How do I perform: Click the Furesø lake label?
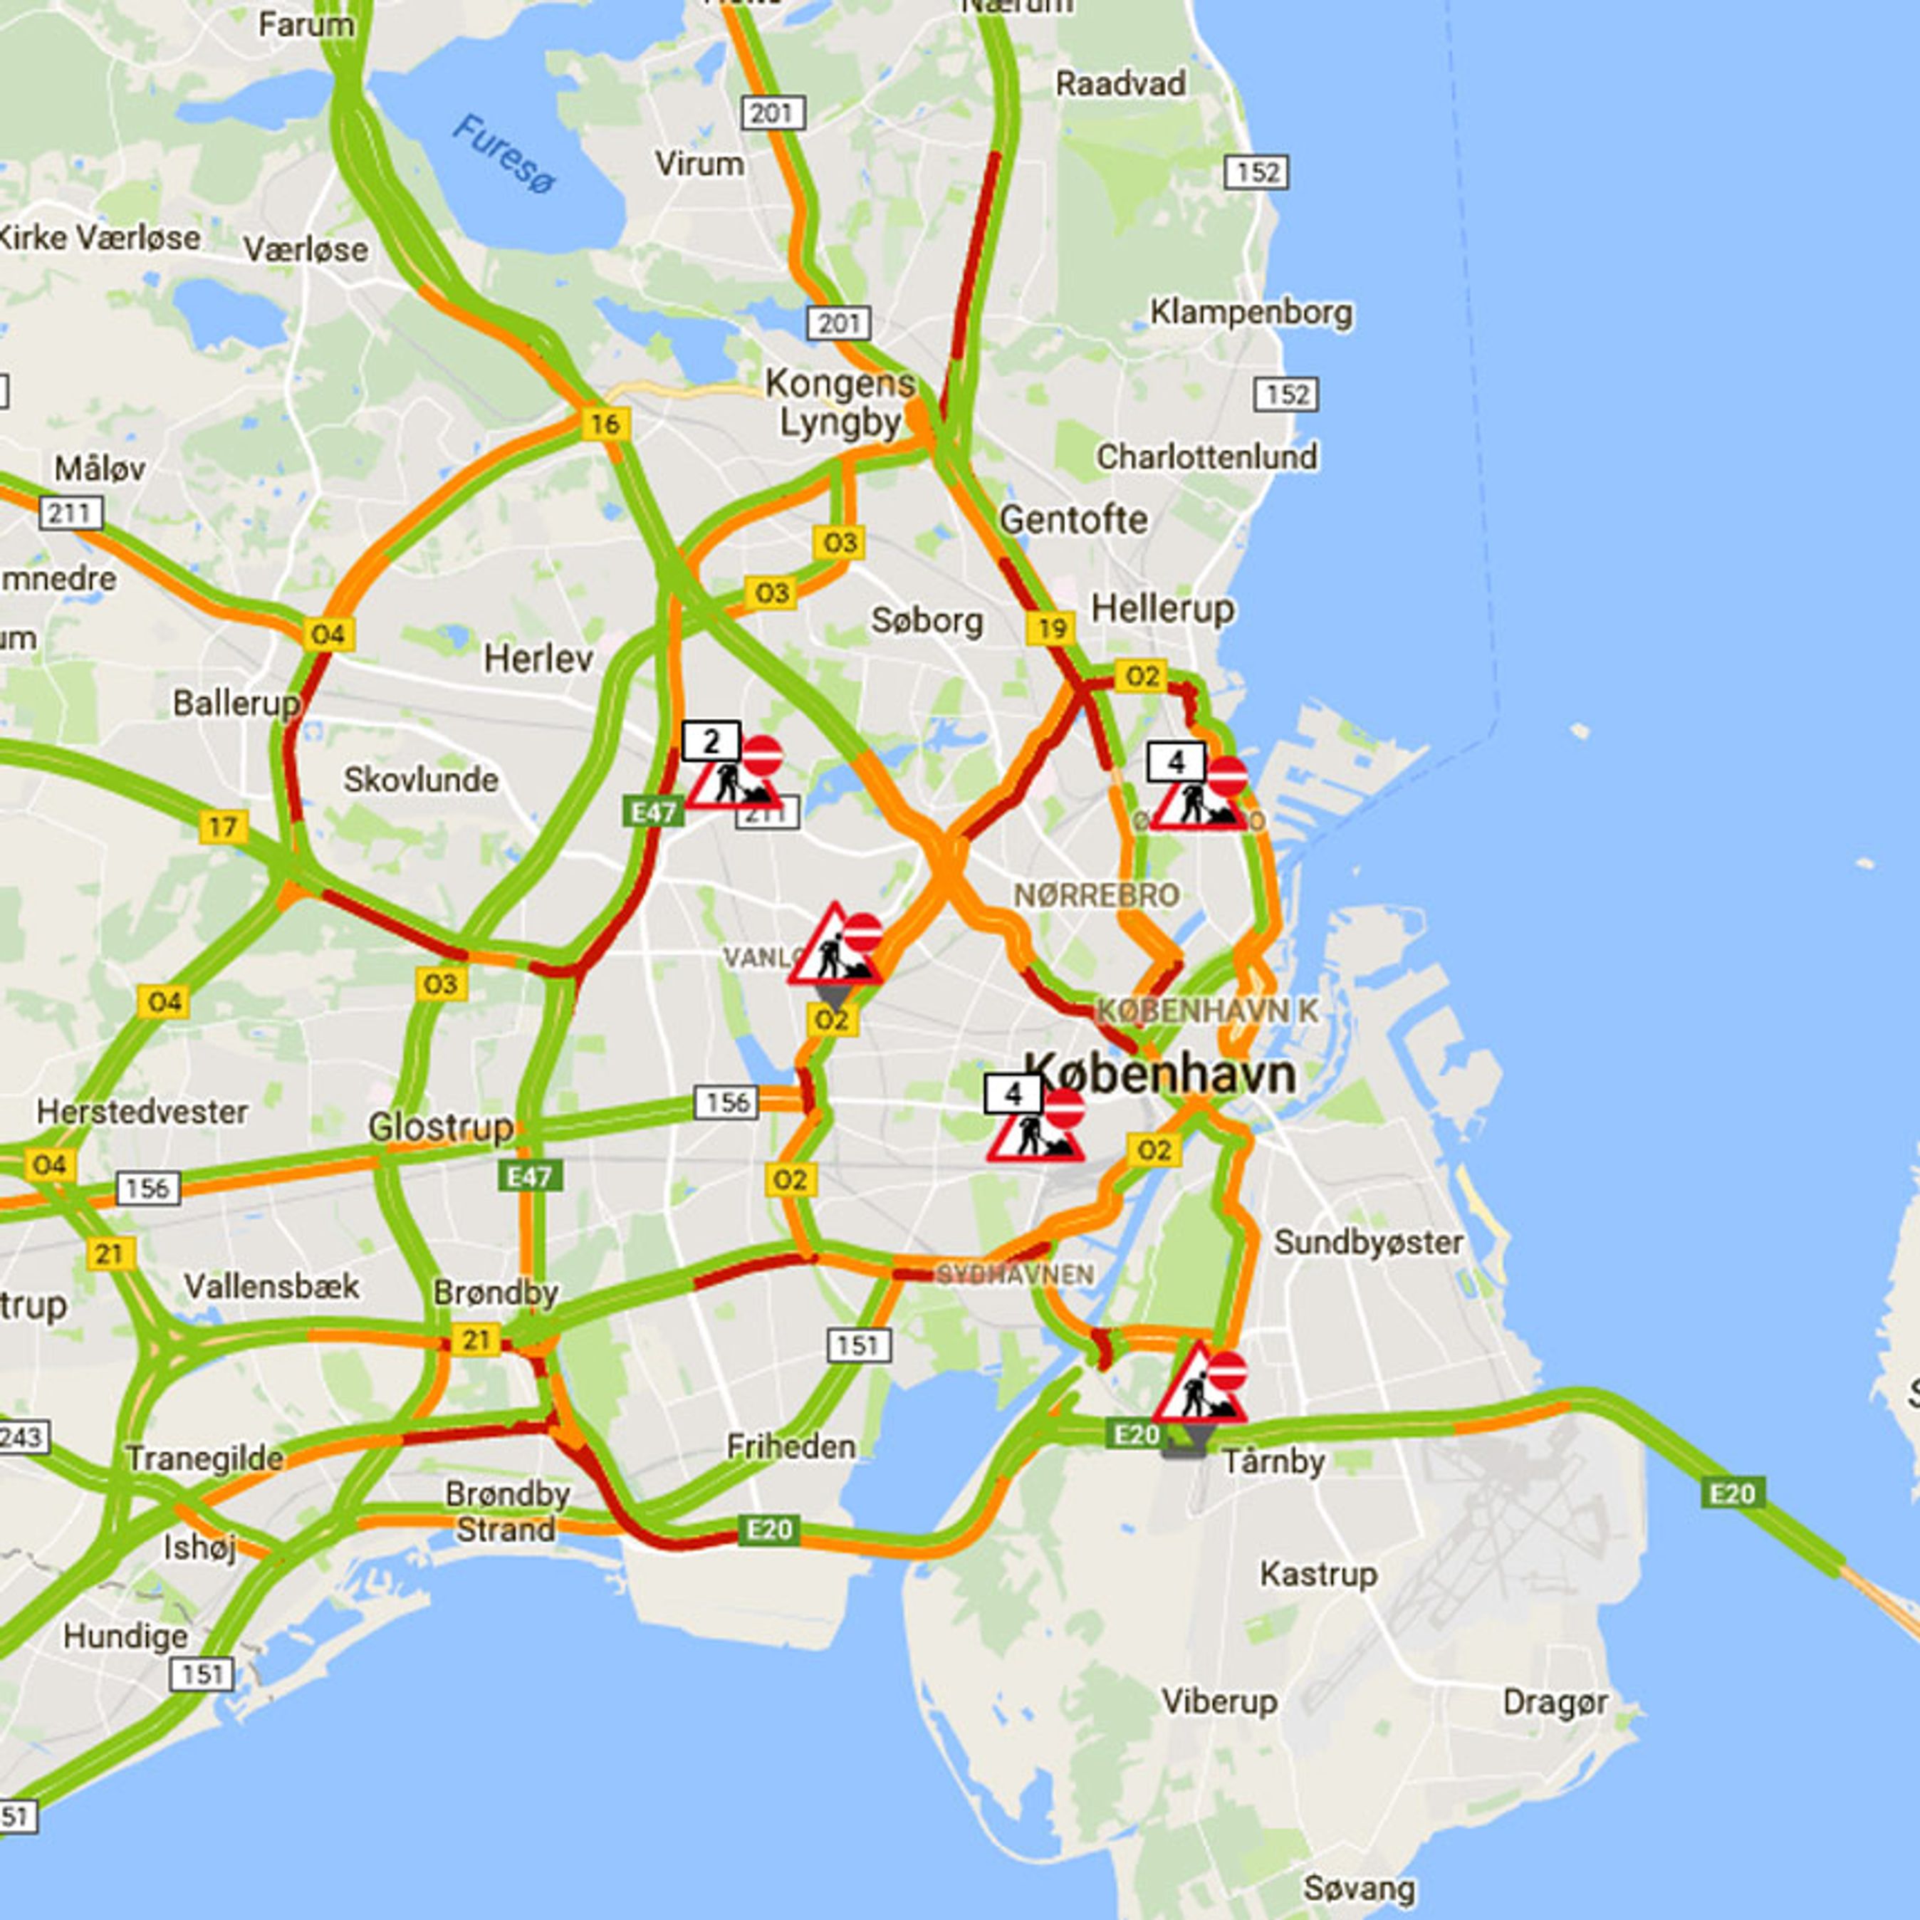[x=505, y=154]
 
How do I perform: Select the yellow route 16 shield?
[x=605, y=424]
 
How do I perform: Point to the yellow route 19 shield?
[x=1050, y=628]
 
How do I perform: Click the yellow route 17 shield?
[x=223, y=827]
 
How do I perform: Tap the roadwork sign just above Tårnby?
[x=1201, y=1385]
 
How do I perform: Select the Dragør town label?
[x=1554, y=1702]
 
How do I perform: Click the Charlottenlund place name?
[x=1206, y=457]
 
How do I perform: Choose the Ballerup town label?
[x=236, y=704]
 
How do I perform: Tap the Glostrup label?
[x=440, y=1127]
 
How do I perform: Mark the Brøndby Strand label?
[x=507, y=1511]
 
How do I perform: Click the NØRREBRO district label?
[x=1096, y=895]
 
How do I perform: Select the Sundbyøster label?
[x=1369, y=1242]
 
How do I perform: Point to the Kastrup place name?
[x=1319, y=1574]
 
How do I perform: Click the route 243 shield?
[x=20, y=1438]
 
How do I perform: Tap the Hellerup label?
[x=1163, y=608]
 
